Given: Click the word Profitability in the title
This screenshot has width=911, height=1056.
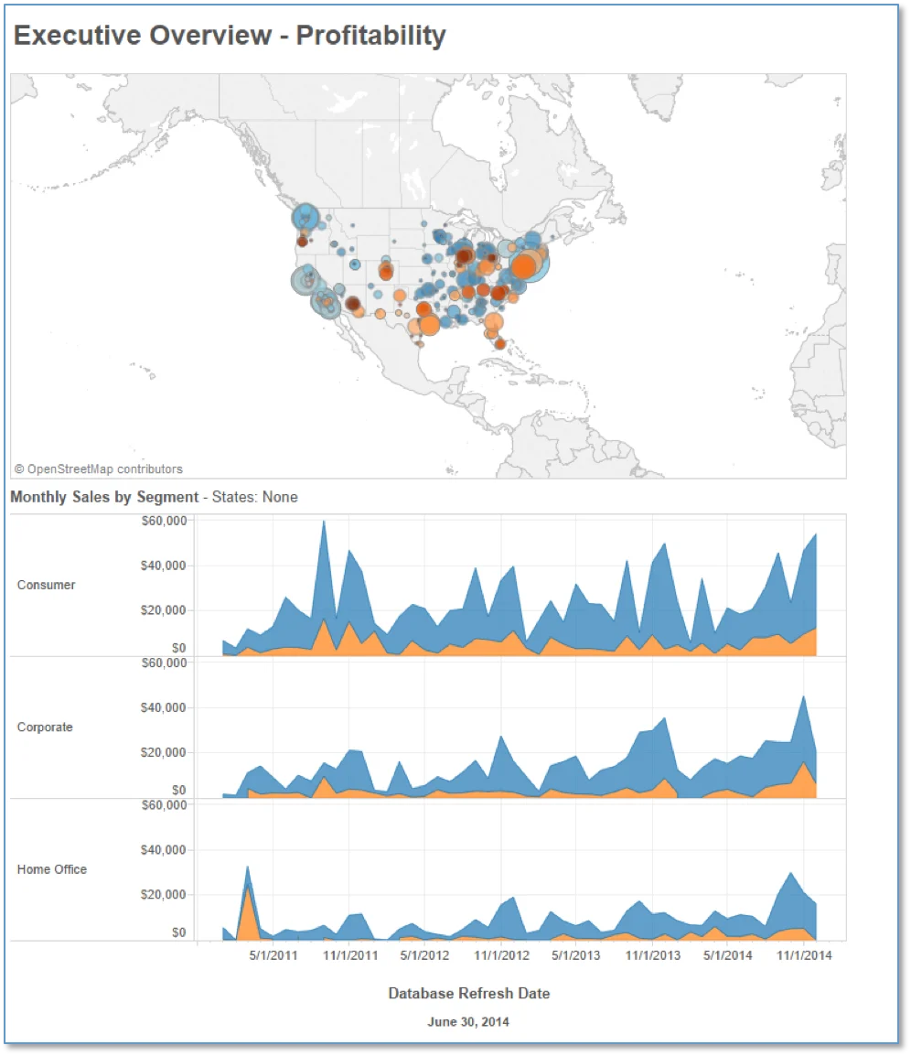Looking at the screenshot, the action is pos(371,37).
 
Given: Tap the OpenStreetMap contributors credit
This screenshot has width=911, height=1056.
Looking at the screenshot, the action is pos(99,469).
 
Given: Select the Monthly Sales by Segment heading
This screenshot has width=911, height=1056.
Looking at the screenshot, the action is pos(104,497).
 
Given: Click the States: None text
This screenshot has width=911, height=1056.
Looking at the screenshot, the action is pos(254,497).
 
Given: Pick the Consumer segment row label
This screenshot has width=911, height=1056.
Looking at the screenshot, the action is pos(46,585).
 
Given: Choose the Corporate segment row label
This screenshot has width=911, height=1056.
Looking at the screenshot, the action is pos(45,727).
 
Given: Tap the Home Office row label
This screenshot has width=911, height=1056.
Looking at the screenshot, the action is pos(52,868).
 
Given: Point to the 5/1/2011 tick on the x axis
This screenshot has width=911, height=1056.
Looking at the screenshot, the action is pos(273,955).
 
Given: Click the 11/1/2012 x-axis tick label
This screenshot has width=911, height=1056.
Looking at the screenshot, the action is pos(501,955).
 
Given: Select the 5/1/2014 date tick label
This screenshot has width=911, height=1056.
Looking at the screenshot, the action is pos(728,955).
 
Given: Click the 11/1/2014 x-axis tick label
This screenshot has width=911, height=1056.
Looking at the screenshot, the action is pos(805,955).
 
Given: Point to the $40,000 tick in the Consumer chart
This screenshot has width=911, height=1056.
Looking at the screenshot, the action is pos(163,566).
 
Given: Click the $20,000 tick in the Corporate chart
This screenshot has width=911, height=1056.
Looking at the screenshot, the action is pos(163,752).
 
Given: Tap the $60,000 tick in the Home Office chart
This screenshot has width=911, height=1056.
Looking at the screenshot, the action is pos(164,804).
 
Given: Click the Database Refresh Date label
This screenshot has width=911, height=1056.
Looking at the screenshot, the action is pos(469,994).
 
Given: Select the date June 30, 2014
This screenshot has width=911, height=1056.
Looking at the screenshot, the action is pos(468,1021).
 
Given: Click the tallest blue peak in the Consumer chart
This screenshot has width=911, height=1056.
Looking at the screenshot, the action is pos(324,523).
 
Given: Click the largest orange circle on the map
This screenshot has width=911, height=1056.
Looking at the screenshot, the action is pos(524,265).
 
